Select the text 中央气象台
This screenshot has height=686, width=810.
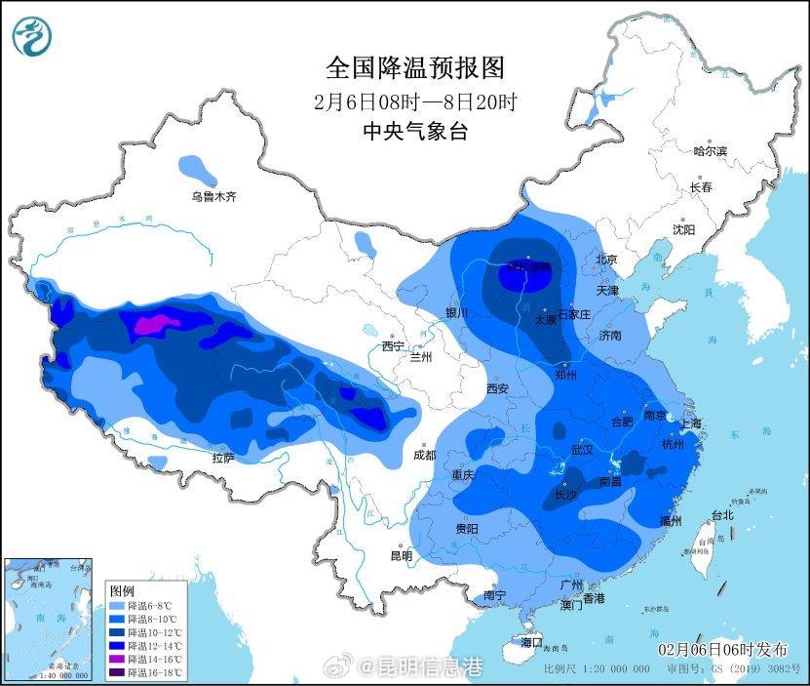(414, 131)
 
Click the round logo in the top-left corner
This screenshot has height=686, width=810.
(32, 36)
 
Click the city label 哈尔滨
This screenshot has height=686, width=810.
(710, 151)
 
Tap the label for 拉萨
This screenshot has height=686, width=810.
(222, 457)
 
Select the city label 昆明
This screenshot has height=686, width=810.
(401, 556)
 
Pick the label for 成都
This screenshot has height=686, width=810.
(424, 454)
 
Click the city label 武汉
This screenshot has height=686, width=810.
(582, 451)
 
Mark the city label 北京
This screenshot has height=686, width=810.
(607, 260)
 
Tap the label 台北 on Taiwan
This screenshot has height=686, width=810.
(721, 515)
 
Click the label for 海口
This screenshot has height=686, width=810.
(531, 642)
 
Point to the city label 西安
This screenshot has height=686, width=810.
(497, 388)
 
